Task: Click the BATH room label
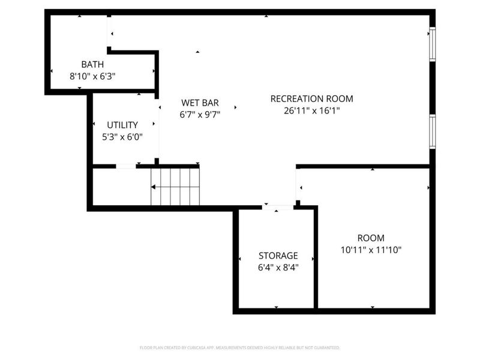pos(92,64)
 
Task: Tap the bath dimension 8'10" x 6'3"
pos(92,76)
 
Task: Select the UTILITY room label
pos(122,125)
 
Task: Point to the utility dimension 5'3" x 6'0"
pos(122,137)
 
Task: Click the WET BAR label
pos(196,103)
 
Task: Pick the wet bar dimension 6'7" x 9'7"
pos(200,114)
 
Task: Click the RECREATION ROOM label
pos(311,98)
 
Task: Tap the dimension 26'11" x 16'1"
pos(312,110)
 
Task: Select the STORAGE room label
pos(278,256)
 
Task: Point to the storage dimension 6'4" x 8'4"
pos(278,268)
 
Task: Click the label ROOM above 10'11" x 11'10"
pos(371,238)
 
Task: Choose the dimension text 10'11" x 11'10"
pos(371,250)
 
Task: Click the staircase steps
pos(175,186)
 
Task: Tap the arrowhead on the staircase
pos(154,187)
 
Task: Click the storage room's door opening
pos(278,208)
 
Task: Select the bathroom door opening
pos(108,33)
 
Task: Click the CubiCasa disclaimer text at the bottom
pos(239,347)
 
